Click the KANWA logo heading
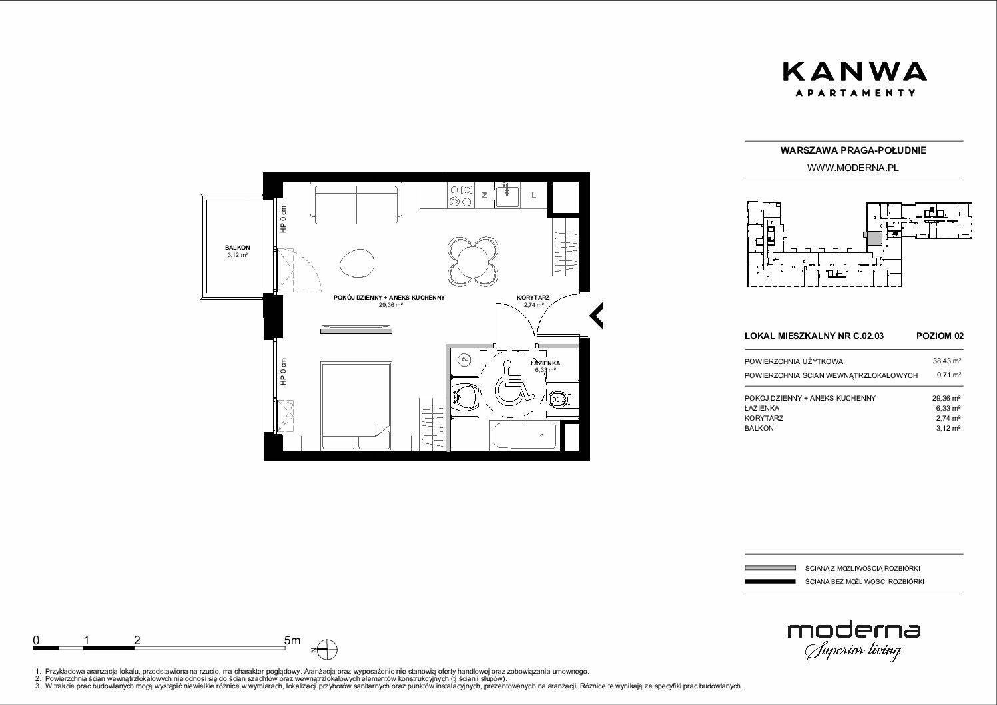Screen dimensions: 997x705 tap(854, 72)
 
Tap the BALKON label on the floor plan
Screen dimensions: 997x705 tap(237, 248)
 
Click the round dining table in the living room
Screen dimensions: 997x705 tap(472, 262)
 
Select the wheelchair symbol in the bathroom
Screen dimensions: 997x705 tap(513, 383)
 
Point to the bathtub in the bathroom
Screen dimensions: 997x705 tap(524, 435)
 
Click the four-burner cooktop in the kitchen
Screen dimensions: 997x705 tap(461, 196)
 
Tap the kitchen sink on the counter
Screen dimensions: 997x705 tap(507, 196)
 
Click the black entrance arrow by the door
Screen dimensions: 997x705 tap(597, 316)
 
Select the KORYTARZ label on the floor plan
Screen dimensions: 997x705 tap(533, 298)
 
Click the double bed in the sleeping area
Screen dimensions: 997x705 tap(356, 405)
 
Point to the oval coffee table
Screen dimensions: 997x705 tap(356, 263)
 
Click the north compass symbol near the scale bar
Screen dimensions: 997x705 tap(327, 650)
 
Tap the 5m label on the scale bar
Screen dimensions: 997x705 tap(292, 640)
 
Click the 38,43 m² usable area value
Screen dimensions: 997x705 tap(946, 361)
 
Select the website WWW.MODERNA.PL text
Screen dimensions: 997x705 tap(852, 168)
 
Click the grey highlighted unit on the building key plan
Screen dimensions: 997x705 tap(874, 239)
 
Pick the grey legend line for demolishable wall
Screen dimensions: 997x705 tap(770, 568)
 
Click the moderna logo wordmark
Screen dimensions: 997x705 tap(854, 632)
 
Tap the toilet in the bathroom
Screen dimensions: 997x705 tap(559, 399)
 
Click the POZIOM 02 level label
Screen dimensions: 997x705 tap(940, 336)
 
